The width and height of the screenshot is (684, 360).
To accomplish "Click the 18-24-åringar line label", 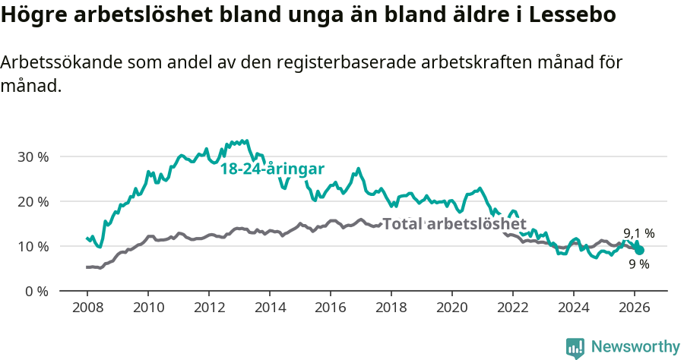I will click(273, 169).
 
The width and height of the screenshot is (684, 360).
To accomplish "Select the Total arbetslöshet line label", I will click(454, 224).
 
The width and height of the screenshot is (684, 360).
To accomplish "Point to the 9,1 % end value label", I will click(639, 233).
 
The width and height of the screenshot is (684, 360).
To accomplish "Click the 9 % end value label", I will click(639, 264).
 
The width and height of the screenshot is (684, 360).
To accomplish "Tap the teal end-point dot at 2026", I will click(640, 250).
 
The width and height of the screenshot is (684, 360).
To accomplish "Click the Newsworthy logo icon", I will click(575, 348).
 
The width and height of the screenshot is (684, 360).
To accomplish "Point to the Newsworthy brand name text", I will click(635, 347).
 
